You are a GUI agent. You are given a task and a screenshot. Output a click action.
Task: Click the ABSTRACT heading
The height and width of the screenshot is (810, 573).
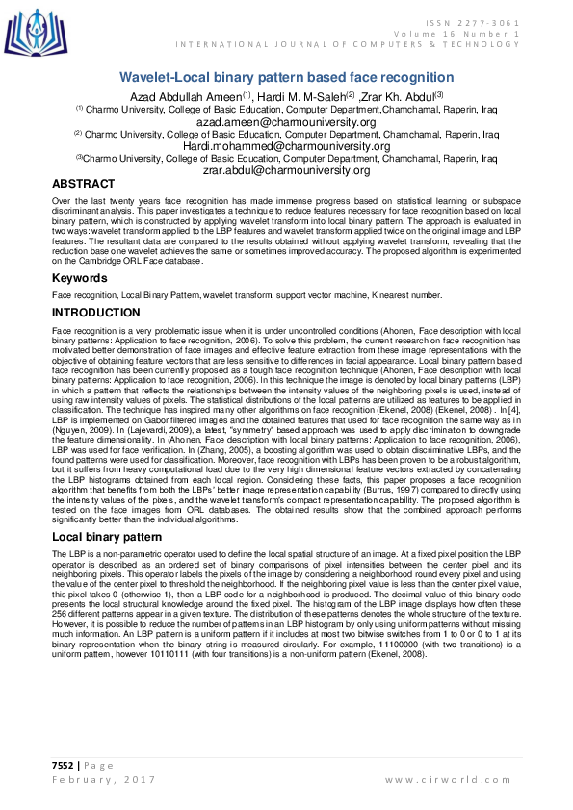[84, 184]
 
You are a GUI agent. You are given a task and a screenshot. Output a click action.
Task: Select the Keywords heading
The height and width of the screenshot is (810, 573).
[80, 277]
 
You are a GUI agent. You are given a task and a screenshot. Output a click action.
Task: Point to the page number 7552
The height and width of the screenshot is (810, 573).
[65, 765]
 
